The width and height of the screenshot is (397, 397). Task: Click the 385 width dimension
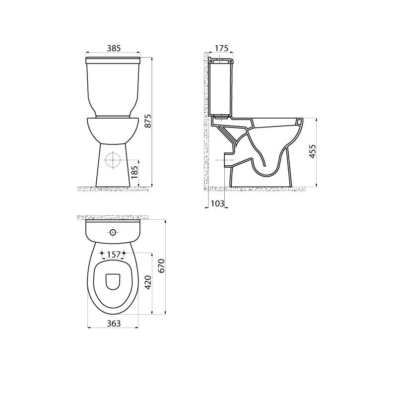click(114, 48)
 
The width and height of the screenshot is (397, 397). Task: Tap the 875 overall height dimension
click(148, 121)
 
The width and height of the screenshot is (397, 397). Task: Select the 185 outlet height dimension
click(134, 172)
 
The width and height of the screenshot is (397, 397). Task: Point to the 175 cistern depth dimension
click(221, 48)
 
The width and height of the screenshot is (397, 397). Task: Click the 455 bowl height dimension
click(313, 151)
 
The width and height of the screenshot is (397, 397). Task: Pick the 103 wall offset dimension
click(217, 203)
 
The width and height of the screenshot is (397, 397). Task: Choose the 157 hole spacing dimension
click(113, 255)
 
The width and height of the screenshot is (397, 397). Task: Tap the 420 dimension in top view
click(148, 282)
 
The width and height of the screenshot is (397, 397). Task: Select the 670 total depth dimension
click(162, 265)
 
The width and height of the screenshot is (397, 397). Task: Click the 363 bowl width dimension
click(114, 324)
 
